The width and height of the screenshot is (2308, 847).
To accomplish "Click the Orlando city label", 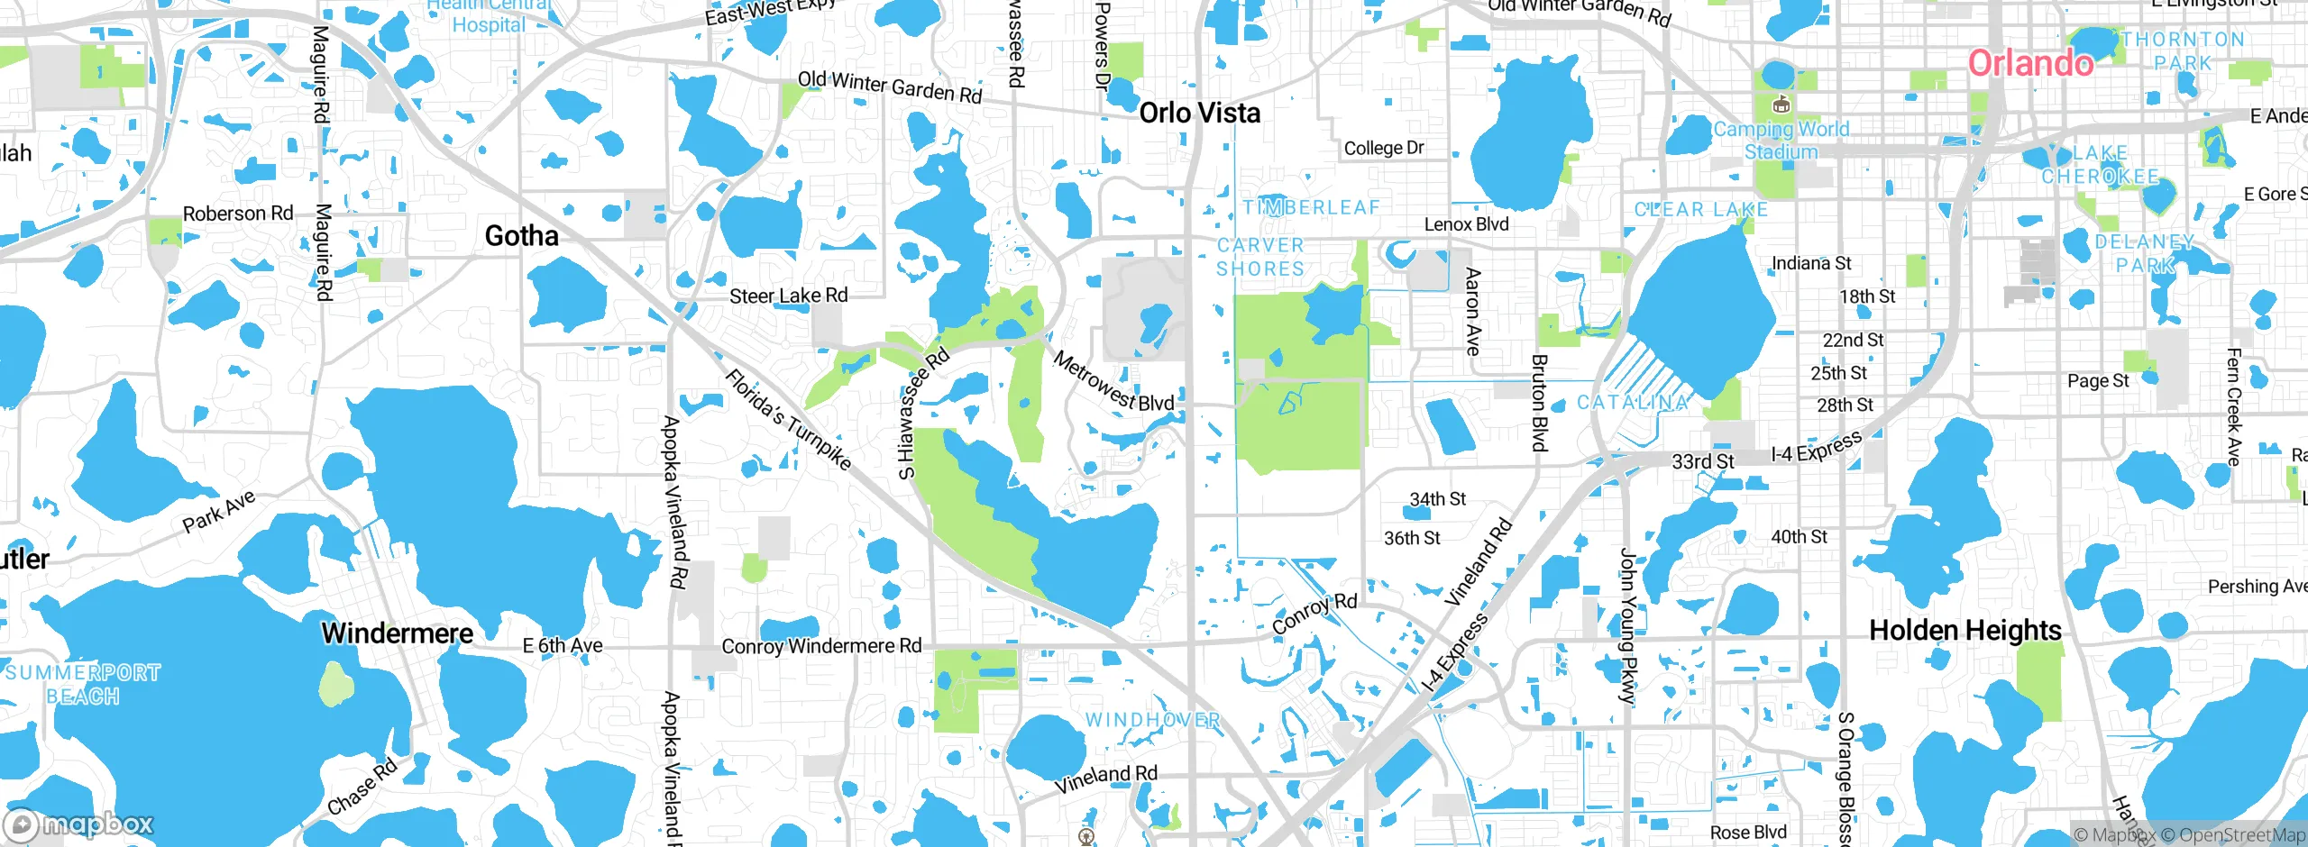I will click(x=2030, y=63).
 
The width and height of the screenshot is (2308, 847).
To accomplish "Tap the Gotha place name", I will click(x=521, y=236).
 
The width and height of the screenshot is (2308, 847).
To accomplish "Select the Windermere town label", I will click(x=398, y=633).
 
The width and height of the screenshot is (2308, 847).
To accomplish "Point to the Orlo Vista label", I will click(x=1200, y=113).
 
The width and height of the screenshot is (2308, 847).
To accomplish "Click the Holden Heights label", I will click(x=1965, y=630).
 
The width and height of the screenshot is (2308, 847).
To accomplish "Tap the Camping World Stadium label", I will click(x=1781, y=141).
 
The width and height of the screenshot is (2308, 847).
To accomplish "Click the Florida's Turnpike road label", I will click(x=788, y=420).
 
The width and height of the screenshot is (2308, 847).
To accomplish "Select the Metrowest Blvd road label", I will click(x=1113, y=383).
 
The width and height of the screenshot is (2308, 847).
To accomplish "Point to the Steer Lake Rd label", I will click(x=788, y=296).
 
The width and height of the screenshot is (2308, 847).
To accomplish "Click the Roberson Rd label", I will click(x=238, y=214).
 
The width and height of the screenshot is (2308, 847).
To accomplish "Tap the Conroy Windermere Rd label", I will click(x=821, y=646).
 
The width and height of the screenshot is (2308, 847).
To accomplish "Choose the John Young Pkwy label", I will click(x=1627, y=625).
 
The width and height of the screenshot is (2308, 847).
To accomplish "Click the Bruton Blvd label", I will click(x=1539, y=402).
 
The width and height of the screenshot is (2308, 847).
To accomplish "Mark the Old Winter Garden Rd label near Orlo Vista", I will click(x=890, y=87).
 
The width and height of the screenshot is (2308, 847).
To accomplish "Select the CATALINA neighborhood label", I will click(x=1632, y=403).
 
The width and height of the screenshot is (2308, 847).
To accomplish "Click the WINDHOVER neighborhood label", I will click(x=1152, y=720).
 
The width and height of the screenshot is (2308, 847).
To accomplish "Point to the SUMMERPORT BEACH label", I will click(x=82, y=684).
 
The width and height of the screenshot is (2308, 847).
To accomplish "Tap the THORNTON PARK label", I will click(x=2183, y=51).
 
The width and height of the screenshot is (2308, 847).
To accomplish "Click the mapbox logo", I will click(x=79, y=824).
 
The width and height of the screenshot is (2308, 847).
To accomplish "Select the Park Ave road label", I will click(x=219, y=511).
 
